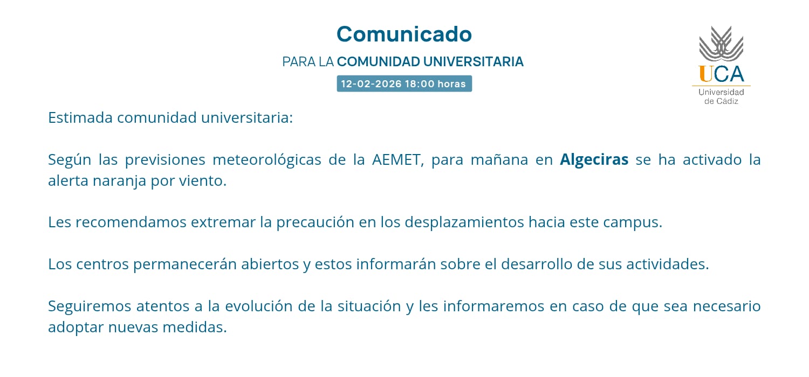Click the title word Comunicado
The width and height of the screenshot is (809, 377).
point(404,34)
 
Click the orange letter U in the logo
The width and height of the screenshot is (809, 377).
point(705,74)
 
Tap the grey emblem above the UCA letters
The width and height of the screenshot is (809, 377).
point(721,44)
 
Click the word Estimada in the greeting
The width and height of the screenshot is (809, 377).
point(80,117)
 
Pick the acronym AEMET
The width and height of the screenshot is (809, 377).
point(396,160)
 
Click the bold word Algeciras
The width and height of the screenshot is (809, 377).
point(594,160)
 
